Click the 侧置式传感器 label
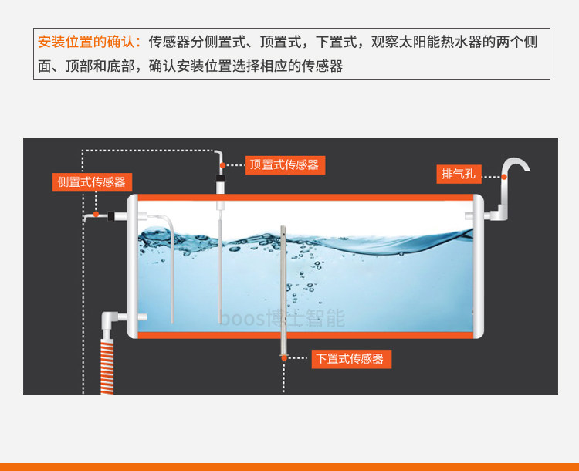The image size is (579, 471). (x=91, y=182)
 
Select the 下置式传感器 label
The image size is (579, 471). (x=350, y=359)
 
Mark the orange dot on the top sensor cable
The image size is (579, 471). (x=222, y=164)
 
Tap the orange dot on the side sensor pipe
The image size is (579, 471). (x=96, y=214)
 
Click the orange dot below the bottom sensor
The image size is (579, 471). (x=284, y=358)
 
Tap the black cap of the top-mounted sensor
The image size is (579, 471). (x=220, y=186)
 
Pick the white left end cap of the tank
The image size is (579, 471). (x=132, y=266)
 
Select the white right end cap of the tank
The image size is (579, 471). (x=479, y=266)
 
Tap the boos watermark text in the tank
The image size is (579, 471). (x=282, y=317)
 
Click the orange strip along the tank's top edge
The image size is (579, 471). (x=305, y=198)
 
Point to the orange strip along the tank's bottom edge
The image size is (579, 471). (x=305, y=334)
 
